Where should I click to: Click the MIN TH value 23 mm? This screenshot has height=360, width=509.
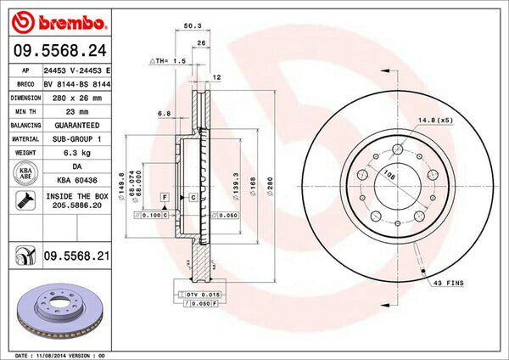(76, 110)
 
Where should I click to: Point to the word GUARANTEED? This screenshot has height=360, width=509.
(76, 124)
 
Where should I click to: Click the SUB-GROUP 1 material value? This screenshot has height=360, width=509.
(76, 138)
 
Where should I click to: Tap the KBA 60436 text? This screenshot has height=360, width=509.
(76, 179)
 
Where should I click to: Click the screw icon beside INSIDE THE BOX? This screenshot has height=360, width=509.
(25, 202)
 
